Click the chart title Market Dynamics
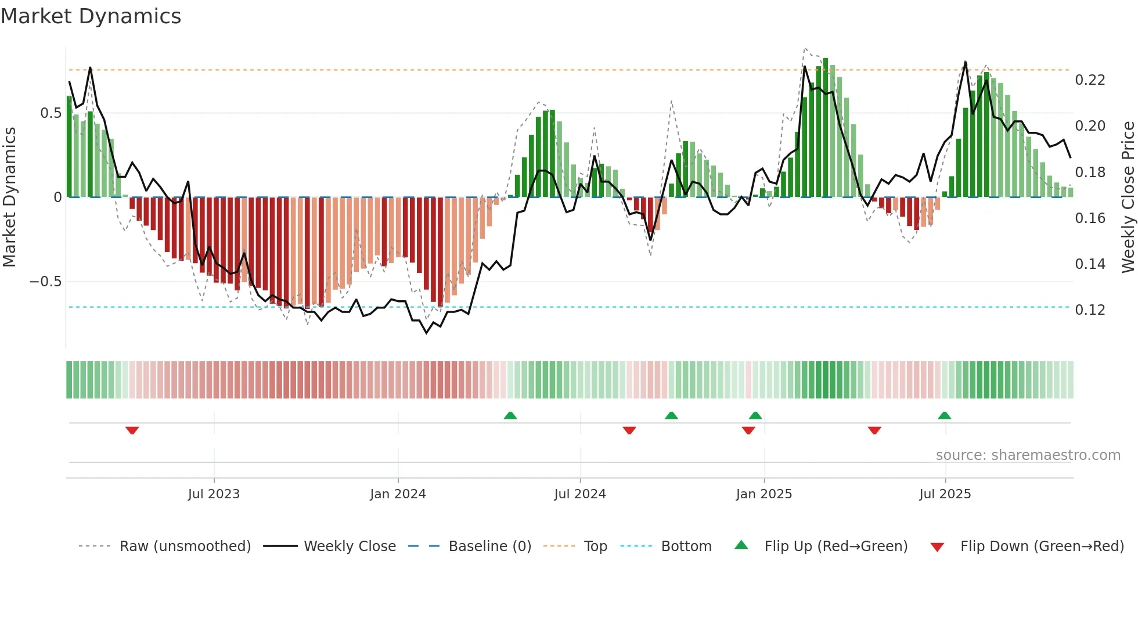pos(91,16)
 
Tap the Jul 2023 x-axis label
pos(214,494)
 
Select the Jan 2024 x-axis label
pos(398,494)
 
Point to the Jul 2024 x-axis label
pos(579,494)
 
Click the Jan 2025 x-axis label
pos(764,494)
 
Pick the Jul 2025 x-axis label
pos(945,494)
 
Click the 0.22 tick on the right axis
pos(1090,80)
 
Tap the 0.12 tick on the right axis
pos(1090,310)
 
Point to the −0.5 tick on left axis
pos(45,282)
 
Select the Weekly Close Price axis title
pos(1128,197)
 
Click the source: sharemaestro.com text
pos(1028,455)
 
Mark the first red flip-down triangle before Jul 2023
pos(132,430)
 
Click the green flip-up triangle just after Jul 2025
pos(944,415)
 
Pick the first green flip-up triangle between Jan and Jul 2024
pos(510,415)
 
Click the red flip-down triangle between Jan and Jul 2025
pos(874,430)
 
